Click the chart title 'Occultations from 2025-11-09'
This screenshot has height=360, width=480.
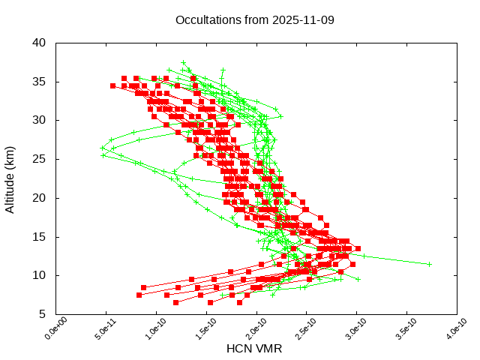(255, 19)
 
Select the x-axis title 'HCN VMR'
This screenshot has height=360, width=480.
(254, 349)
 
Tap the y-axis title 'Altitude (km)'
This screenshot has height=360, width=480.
(10, 178)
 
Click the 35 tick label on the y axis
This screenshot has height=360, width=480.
(40, 81)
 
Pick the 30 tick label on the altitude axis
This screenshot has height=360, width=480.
(40, 120)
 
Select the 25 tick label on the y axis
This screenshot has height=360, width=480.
(40, 159)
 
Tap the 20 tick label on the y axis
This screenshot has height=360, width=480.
(40, 198)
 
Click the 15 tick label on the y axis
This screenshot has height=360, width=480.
(40, 237)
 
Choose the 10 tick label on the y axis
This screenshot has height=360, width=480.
(40, 276)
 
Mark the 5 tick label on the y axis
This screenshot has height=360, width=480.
(43, 314)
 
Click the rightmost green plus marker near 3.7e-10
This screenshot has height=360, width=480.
(429, 264)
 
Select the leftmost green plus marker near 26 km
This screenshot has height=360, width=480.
(103, 148)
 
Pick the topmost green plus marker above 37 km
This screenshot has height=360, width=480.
(183, 63)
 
